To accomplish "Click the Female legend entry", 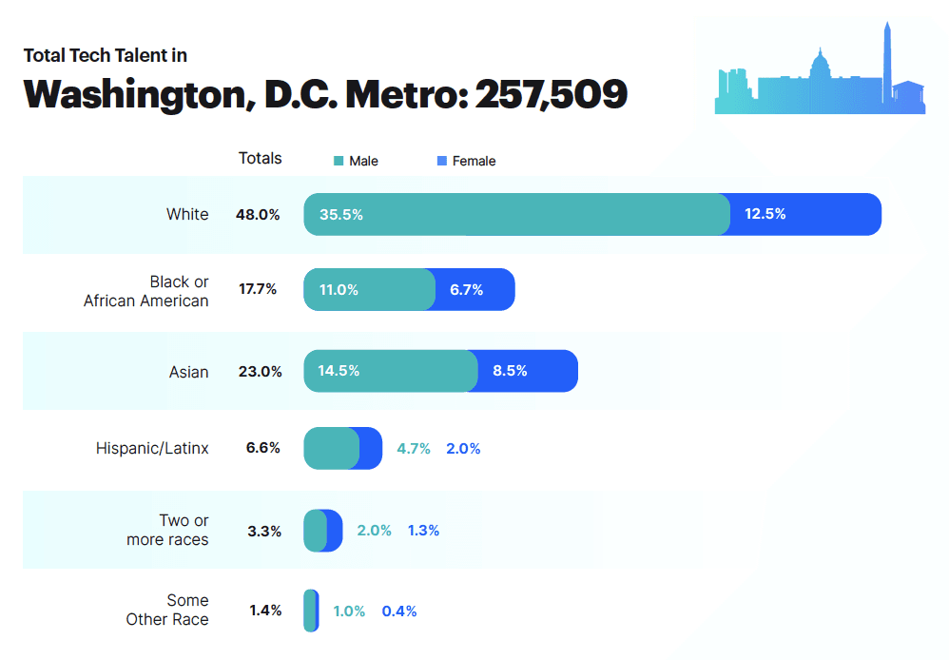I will point(466,161).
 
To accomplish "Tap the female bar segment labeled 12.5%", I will point(804,214).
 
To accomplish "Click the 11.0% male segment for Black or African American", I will point(369,289).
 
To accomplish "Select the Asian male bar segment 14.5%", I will point(390,371).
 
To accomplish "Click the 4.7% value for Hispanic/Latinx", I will point(414,448).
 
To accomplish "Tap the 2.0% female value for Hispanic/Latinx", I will point(463,448).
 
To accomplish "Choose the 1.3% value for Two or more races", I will point(423,531).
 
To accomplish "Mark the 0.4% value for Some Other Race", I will point(399,611).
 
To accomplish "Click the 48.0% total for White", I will point(258,215).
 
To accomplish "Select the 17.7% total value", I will point(258,289).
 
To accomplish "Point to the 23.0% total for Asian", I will point(260,372).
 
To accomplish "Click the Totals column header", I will point(260,158).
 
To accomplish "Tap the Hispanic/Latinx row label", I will point(152,448).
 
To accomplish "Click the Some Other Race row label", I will point(167,610).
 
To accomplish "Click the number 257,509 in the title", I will point(551,93).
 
